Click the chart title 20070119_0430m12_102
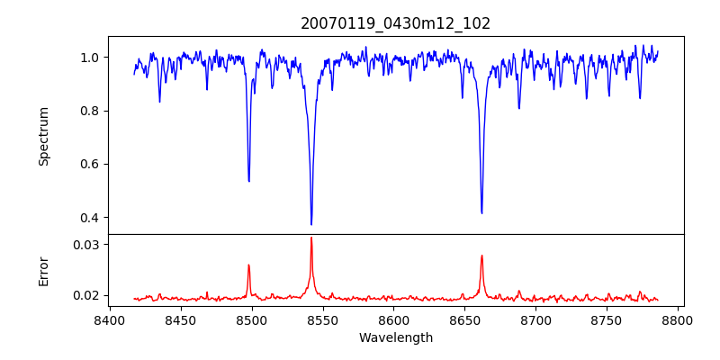[x=396, y=23]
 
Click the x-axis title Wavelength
[x=396, y=337]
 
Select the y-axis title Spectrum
[x=44, y=136]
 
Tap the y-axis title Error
[x=44, y=271]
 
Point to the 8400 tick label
[x=109, y=319]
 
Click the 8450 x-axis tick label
[x=180, y=319]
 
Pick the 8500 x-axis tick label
[x=251, y=319]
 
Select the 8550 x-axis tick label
[x=322, y=319]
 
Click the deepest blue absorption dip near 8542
[x=311, y=224]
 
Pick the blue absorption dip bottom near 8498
[x=249, y=181]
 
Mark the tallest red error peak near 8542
[x=311, y=238]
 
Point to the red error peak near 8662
[x=481, y=256]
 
